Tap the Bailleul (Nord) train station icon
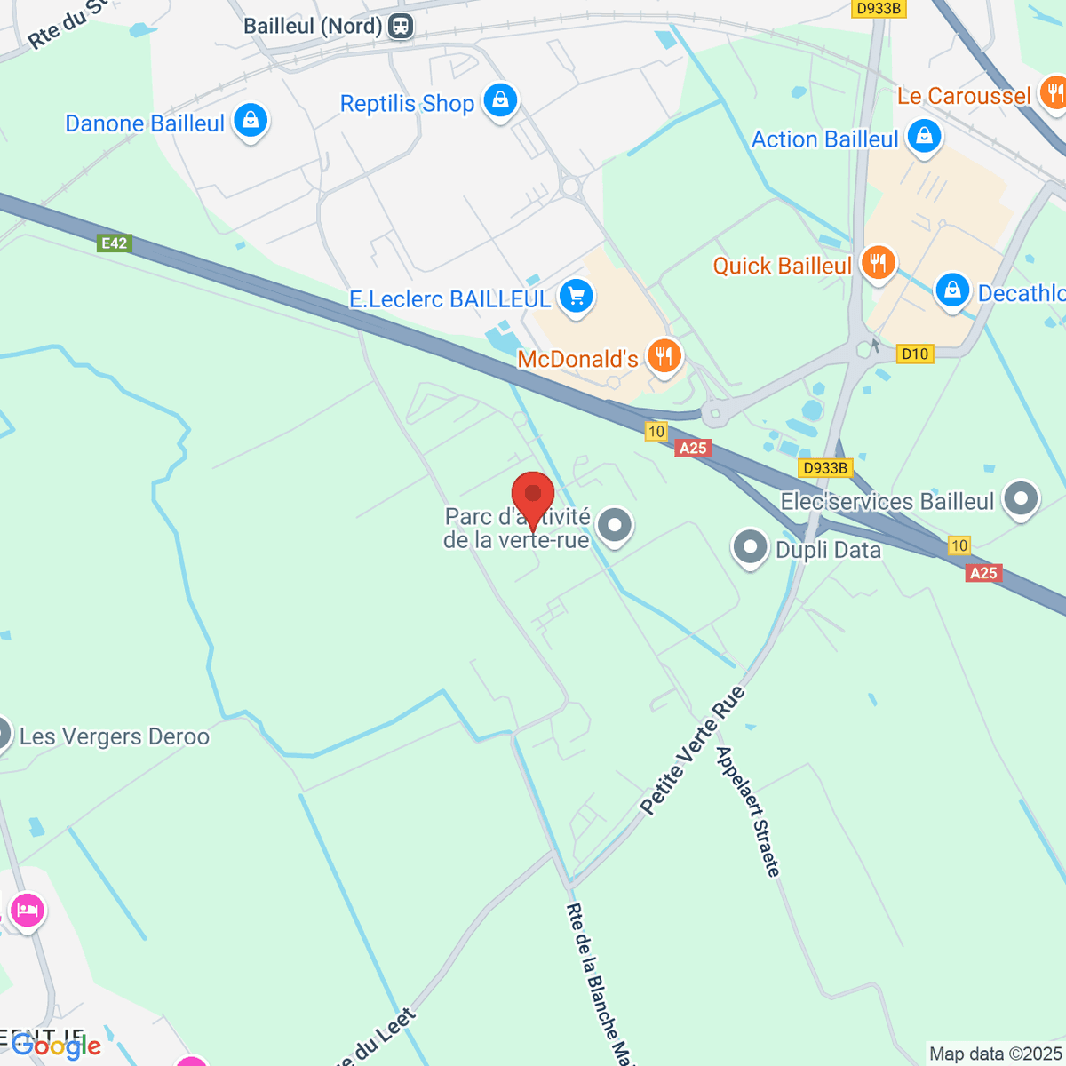(401, 26)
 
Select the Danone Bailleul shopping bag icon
(251, 120)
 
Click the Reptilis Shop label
(407, 104)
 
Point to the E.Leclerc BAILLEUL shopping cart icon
(576, 297)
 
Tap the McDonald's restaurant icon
(663, 357)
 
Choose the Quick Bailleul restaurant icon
(878, 263)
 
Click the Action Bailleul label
(824, 139)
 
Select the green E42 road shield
(115, 243)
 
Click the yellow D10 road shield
(915, 354)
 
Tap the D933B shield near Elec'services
(826, 468)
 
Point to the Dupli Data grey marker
(750, 548)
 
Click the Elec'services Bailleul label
(887, 502)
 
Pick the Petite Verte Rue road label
(692, 751)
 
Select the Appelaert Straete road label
(749, 811)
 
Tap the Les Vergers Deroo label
(115, 736)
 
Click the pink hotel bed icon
(27, 911)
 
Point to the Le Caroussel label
(964, 96)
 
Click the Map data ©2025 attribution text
(995, 1054)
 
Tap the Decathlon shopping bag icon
(952, 290)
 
